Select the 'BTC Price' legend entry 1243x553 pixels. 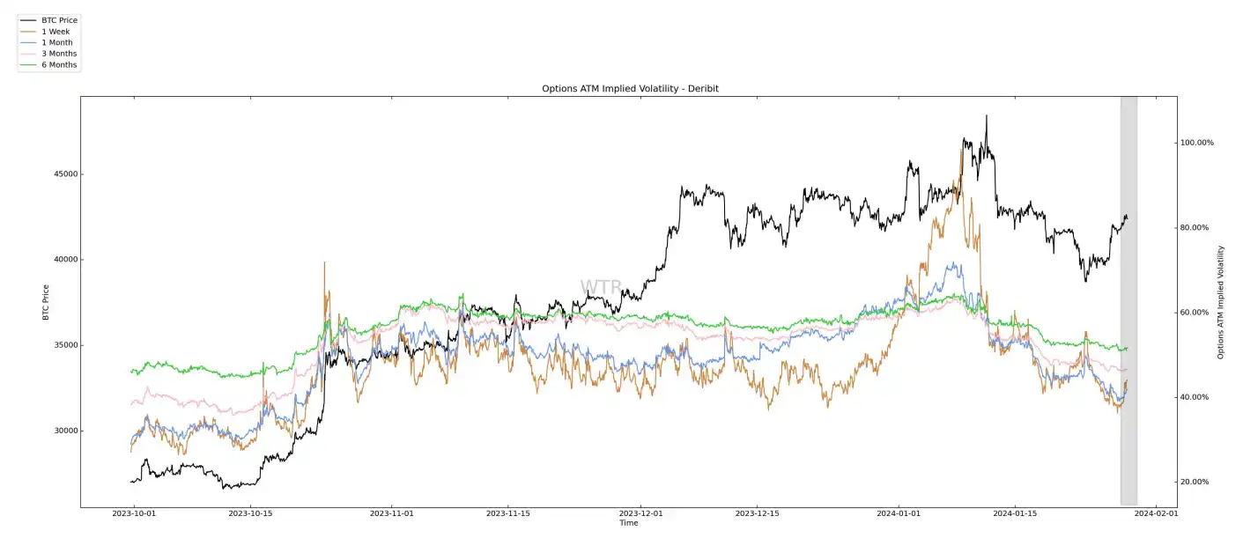pos(59,20)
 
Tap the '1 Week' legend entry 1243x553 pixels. pos(55,32)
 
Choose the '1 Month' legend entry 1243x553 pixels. pos(57,42)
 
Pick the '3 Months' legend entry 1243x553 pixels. pos(59,54)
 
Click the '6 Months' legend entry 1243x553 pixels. pos(59,65)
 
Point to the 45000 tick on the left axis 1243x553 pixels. pos(62,174)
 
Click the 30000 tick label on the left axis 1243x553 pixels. pos(62,431)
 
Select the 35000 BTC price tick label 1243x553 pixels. pos(62,345)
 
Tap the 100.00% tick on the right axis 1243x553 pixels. pos(1196,143)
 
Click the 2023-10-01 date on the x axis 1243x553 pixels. pos(134,512)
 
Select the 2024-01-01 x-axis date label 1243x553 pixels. pos(899,512)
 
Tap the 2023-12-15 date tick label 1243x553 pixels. pos(758,512)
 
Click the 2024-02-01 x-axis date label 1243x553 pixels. pos(1154,512)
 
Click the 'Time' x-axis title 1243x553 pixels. pos(628,523)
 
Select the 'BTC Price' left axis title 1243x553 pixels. pos(46,301)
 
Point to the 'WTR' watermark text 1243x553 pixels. pos(601,287)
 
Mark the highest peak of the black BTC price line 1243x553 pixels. pos(987,115)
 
